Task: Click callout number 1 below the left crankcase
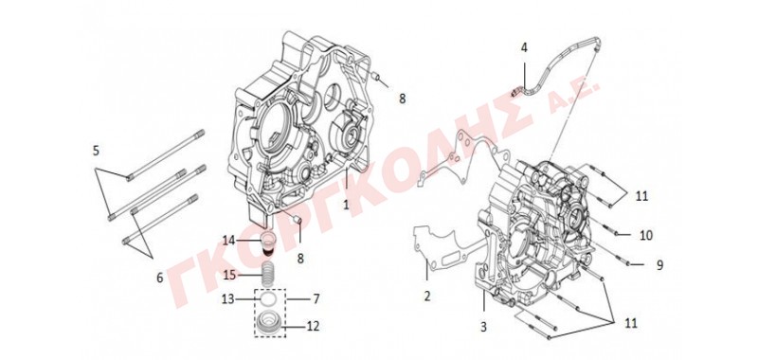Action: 346,205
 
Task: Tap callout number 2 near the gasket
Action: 427,296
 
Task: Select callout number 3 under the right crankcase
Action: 483,327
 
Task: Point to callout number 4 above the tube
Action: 525,47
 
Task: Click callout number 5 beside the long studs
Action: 97,151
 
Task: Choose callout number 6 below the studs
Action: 160,278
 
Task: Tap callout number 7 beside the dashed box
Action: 316,298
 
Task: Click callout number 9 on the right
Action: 659,265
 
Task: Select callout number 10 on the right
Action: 646,235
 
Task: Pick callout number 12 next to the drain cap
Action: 314,327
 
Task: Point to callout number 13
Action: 227,299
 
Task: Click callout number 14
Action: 228,240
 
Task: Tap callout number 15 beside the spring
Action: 229,276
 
